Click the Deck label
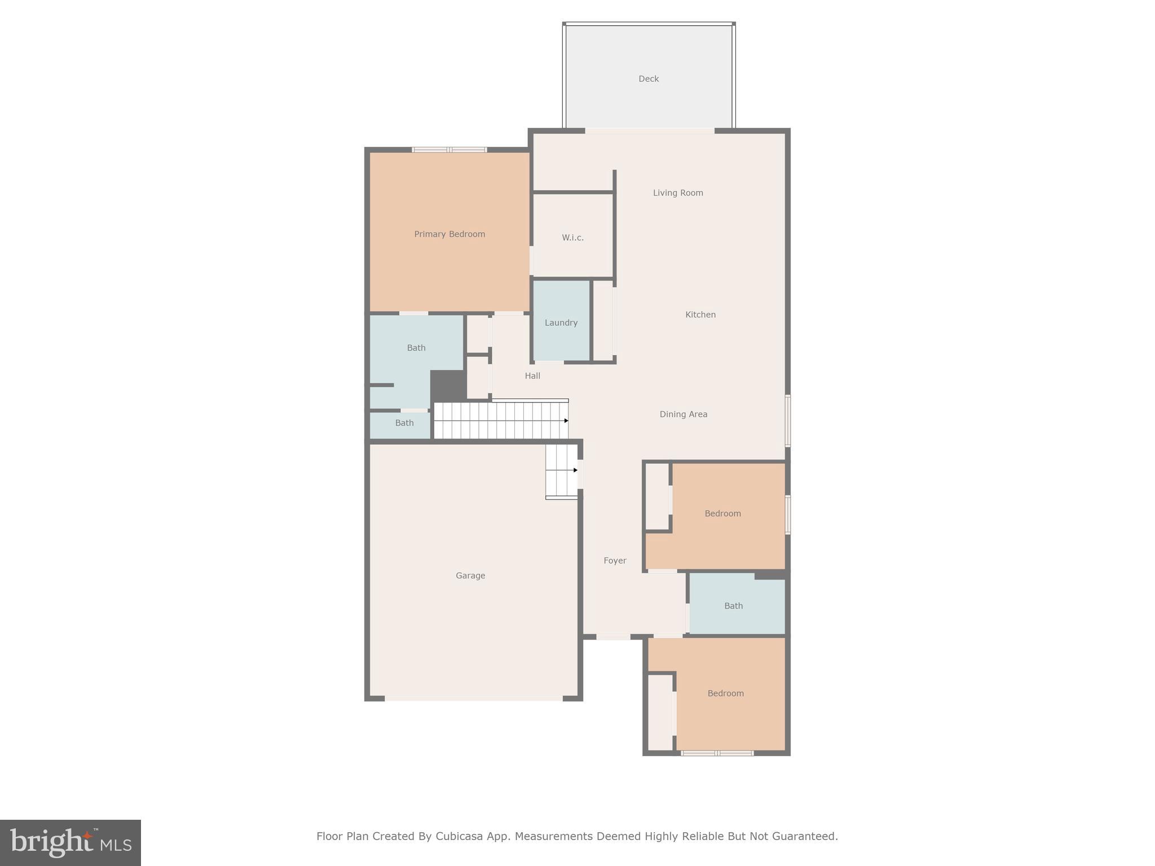click(648, 79)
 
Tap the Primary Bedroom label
click(449, 234)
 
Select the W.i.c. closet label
click(572, 238)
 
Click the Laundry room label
click(561, 322)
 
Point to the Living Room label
click(678, 193)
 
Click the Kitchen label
click(700, 315)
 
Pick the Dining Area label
click(683, 414)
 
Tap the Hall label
click(532, 376)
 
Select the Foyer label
click(615, 560)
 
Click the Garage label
click(470, 576)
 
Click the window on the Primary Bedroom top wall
click(449, 150)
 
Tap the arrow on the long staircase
click(566, 421)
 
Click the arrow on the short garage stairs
click(575, 470)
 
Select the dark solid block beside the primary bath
click(448, 386)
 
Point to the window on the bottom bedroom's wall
click(717, 753)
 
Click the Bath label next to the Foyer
click(733, 606)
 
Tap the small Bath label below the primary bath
click(404, 423)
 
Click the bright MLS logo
click(70, 843)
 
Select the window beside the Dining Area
click(788, 421)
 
